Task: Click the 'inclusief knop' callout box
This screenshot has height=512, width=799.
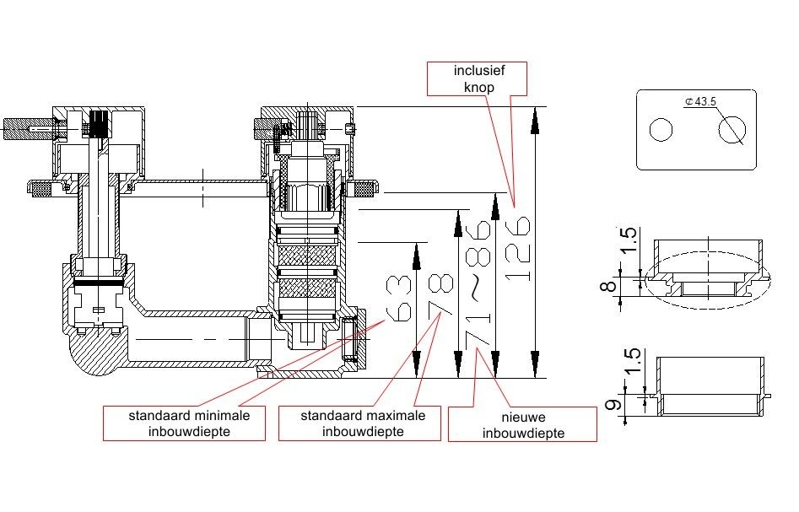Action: [478, 78]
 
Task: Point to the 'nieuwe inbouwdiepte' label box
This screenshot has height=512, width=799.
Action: [522, 425]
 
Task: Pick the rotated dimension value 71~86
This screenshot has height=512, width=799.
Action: [478, 282]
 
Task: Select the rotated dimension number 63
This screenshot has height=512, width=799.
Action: [399, 297]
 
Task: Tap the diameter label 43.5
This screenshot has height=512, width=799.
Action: [702, 102]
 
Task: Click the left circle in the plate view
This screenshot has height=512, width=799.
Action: [661, 130]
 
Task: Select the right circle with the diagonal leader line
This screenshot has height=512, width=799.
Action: [732, 130]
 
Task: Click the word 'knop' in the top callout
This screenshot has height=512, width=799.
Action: [478, 87]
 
